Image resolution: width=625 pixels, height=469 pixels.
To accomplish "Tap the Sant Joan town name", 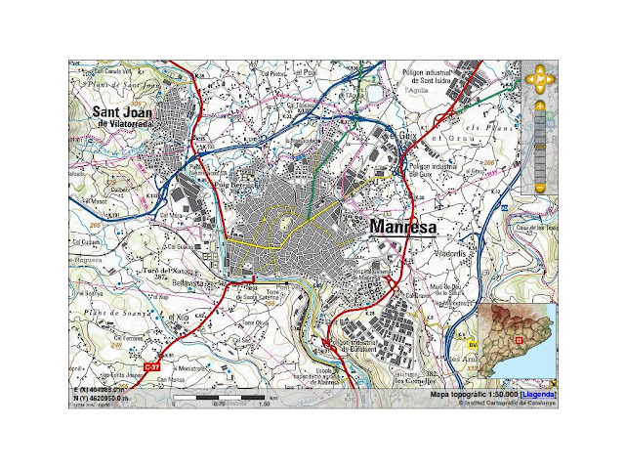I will [x=126, y=113].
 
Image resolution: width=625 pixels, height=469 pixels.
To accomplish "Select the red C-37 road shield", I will [x=151, y=366].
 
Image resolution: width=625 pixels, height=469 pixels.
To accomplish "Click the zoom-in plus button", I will [x=539, y=105].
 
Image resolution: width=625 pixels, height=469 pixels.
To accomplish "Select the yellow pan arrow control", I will [x=539, y=75].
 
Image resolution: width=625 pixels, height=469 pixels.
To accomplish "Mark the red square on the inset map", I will [x=519, y=341].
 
